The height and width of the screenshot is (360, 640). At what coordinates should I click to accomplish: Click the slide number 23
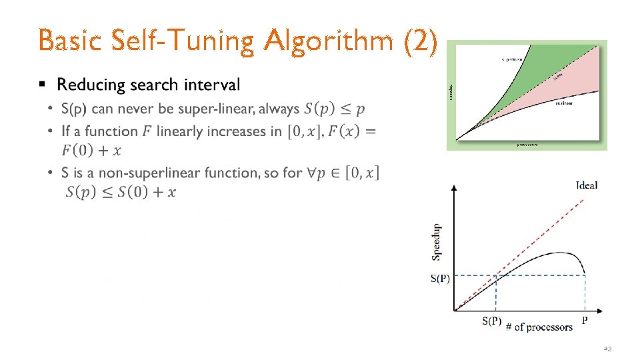click(607, 349)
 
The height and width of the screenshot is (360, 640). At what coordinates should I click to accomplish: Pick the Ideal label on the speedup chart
click(586, 185)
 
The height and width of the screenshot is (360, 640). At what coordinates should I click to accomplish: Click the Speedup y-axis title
click(436, 241)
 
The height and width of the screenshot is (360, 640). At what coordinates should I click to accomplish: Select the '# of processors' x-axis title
click(539, 326)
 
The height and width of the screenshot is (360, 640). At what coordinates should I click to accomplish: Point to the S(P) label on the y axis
click(440, 279)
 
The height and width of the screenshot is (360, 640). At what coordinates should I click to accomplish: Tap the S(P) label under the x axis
click(491, 321)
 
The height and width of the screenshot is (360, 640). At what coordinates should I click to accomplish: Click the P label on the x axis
click(585, 321)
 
